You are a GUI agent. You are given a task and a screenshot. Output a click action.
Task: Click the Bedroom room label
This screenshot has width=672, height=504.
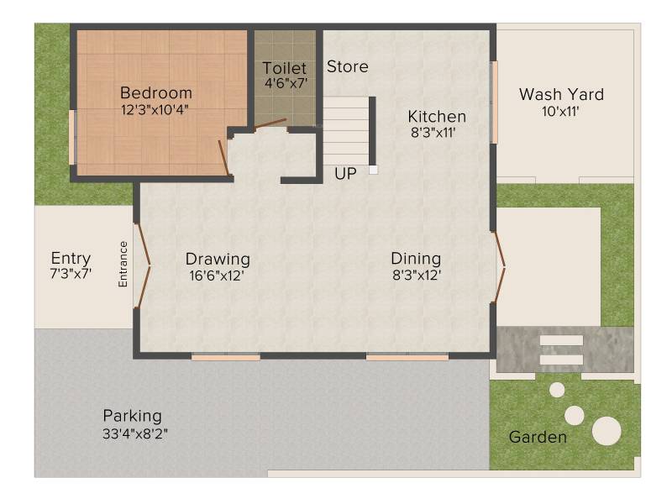pyautogui.click(x=156, y=92)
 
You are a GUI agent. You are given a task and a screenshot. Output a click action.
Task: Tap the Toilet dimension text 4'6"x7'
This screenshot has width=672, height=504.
pyautogui.click(x=286, y=83)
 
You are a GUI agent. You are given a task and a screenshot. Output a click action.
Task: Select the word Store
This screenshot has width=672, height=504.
pyautogui.click(x=348, y=66)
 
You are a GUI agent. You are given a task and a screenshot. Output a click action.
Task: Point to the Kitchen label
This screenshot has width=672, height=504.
pyautogui.click(x=437, y=116)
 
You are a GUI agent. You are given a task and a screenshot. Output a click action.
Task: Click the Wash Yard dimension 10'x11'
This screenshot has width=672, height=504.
pyautogui.click(x=560, y=112)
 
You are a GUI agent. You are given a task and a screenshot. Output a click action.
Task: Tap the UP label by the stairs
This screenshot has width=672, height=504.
pyautogui.click(x=345, y=174)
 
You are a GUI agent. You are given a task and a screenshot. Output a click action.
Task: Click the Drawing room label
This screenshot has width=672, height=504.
pyautogui.click(x=218, y=260)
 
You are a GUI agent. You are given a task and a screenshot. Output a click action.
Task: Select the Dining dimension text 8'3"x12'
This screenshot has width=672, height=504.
pyautogui.click(x=417, y=275)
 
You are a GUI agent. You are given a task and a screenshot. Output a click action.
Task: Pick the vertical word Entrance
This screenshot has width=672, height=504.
pyautogui.click(x=123, y=264)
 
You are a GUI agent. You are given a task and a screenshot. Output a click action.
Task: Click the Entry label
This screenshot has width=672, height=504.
pyautogui.click(x=71, y=259)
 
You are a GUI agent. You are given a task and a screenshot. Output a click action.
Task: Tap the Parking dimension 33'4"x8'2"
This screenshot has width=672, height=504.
pyautogui.click(x=135, y=433)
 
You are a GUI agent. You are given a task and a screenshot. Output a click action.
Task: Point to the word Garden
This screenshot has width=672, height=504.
pyautogui.click(x=538, y=437)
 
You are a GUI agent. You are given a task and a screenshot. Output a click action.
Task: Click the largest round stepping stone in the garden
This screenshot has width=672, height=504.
pyautogui.click(x=606, y=431)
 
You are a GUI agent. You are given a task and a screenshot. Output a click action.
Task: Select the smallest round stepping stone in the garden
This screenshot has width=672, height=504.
pyautogui.click(x=557, y=390)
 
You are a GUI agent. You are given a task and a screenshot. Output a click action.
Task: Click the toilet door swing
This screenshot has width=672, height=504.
pyautogui.click(x=270, y=123)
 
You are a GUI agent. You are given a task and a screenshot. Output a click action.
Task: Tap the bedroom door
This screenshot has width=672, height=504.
pyautogui.click(x=223, y=157)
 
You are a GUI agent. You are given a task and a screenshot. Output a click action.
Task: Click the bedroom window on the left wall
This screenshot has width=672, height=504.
pyautogui.click(x=72, y=137)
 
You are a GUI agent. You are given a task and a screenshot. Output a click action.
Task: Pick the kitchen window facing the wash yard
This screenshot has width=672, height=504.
pyautogui.click(x=494, y=102)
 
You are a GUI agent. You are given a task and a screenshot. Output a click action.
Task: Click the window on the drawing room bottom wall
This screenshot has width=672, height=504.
pyautogui.click(x=226, y=356)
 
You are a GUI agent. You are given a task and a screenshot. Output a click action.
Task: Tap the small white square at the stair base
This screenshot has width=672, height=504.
pyautogui.click(x=374, y=170)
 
